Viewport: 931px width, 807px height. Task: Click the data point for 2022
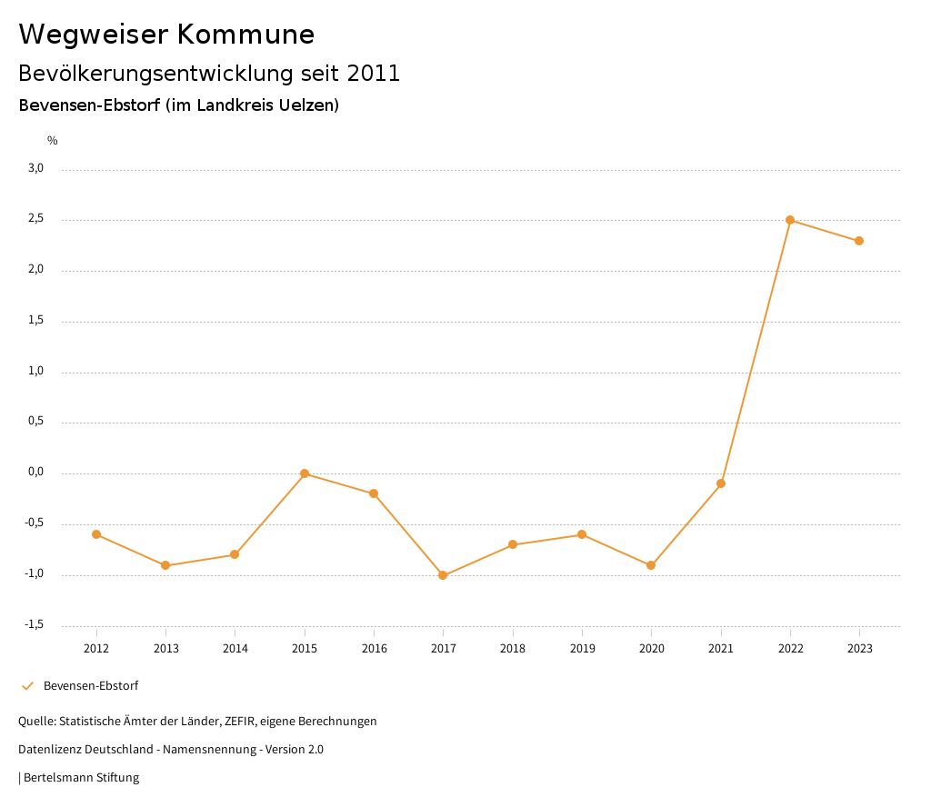(x=790, y=220)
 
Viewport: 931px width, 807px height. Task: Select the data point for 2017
(x=443, y=575)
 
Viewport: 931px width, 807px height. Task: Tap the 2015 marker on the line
(x=305, y=473)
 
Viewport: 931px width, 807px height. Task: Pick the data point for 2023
(x=859, y=241)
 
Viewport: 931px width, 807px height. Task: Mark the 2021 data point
(x=721, y=483)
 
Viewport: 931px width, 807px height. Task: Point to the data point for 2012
(x=96, y=534)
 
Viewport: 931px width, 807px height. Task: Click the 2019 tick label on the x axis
(x=582, y=649)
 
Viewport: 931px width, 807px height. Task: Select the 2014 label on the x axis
(x=235, y=649)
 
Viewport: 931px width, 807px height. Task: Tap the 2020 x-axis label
(x=651, y=649)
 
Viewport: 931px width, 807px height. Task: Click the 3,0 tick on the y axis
(x=36, y=168)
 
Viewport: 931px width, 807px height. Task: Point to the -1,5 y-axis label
(x=35, y=624)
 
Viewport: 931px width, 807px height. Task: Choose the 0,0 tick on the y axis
(x=36, y=473)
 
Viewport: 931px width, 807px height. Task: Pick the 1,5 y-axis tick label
(x=36, y=321)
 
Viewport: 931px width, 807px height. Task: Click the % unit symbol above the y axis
(x=53, y=141)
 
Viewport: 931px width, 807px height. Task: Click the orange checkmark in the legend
(x=27, y=686)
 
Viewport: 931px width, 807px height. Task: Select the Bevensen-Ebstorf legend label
(x=91, y=686)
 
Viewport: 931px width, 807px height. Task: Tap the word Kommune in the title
(x=246, y=35)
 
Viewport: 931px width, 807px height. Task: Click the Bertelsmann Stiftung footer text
(x=81, y=778)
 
